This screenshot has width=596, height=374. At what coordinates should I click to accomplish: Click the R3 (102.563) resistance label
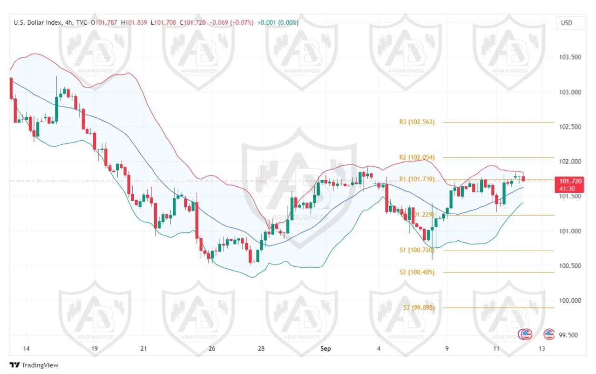point(417,122)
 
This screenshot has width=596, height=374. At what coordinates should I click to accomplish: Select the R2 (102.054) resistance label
point(417,158)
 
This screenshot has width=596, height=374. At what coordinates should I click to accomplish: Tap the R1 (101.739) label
point(417,179)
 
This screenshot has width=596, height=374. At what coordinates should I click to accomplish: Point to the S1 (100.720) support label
point(417,250)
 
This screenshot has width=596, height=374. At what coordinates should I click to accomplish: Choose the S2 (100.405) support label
point(417,272)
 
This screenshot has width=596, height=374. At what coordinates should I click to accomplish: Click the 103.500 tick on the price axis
point(570,57)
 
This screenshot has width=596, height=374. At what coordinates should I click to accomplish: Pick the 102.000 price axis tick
point(570,162)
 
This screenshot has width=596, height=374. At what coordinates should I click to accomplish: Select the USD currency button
point(566,23)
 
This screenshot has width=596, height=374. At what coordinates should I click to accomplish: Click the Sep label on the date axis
point(325,348)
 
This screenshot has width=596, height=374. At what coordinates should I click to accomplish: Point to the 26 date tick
point(212,348)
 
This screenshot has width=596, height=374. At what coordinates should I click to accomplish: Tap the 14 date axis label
point(26,348)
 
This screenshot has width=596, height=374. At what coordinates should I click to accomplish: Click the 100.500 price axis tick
point(570,266)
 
